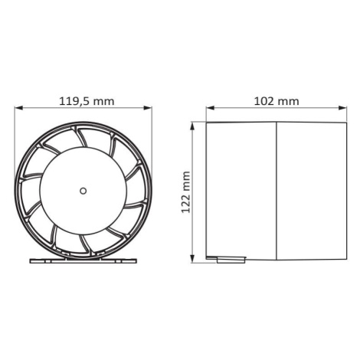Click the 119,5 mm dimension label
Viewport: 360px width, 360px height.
87,101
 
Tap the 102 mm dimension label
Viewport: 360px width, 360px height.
277,101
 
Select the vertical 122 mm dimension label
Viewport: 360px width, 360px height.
185,192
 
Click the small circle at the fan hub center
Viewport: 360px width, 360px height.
83,191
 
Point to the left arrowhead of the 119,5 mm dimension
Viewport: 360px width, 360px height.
18,108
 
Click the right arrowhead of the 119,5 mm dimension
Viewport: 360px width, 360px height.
148,108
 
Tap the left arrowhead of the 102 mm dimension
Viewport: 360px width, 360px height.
210,108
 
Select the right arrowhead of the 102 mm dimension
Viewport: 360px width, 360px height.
342,108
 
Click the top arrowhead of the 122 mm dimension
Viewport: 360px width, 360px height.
193,126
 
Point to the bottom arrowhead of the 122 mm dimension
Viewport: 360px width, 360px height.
193,259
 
